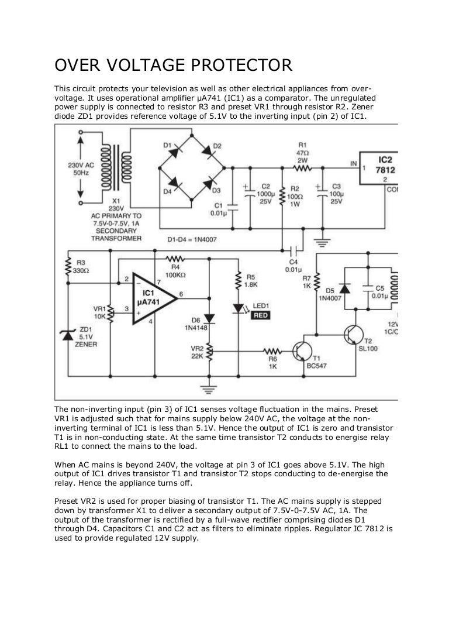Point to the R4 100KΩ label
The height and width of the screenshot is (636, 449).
click(x=175, y=270)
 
